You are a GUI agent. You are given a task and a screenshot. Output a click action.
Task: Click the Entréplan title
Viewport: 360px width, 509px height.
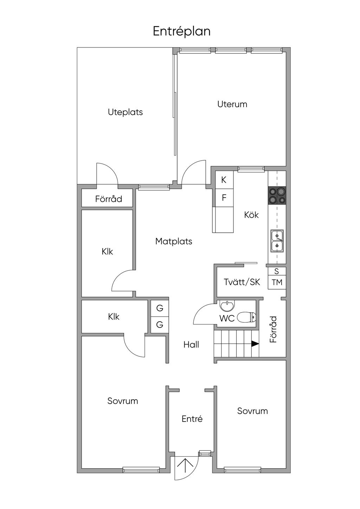pyautogui.click(x=182, y=31)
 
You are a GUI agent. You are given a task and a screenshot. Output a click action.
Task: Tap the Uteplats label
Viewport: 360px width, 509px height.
pyautogui.click(x=125, y=112)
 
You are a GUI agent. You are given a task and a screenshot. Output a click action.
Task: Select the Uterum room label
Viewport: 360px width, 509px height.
pyautogui.click(x=232, y=104)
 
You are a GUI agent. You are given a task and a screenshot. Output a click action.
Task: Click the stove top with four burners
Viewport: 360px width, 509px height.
pyautogui.click(x=277, y=195)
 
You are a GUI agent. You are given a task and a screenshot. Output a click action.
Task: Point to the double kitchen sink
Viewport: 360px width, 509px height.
pyautogui.click(x=277, y=241)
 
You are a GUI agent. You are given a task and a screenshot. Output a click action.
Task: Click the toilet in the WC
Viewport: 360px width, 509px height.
pyautogui.click(x=246, y=317)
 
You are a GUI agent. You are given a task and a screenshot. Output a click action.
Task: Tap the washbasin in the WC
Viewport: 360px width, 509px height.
pyautogui.click(x=227, y=306)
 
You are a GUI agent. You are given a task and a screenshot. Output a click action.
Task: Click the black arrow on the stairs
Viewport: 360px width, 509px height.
pyautogui.click(x=255, y=344)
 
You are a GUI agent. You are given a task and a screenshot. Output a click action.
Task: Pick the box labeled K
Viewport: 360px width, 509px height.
pyautogui.click(x=224, y=180)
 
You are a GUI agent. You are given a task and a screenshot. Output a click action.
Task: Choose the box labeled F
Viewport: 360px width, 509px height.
pyautogui.click(x=224, y=198)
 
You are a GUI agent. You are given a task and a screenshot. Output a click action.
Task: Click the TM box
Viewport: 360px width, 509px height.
pyautogui.click(x=277, y=282)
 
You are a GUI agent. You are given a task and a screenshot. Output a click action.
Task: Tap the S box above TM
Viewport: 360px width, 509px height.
pyautogui.click(x=277, y=271)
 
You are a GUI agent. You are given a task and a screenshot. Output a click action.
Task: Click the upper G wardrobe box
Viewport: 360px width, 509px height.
pyautogui.click(x=160, y=308)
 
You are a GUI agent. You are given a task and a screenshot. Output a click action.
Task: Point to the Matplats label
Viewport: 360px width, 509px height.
pyautogui.click(x=174, y=241)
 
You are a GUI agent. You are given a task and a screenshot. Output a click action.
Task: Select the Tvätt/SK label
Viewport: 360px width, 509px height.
pyautogui.click(x=242, y=282)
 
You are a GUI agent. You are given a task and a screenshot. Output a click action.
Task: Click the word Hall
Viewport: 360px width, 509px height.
pyautogui.click(x=191, y=344)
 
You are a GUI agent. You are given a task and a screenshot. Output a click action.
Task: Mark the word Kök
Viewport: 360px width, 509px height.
pyautogui.click(x=251, y=214)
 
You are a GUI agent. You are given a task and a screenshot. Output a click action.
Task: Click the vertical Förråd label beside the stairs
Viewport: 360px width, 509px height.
pyautogui.click(x=274, y=329)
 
